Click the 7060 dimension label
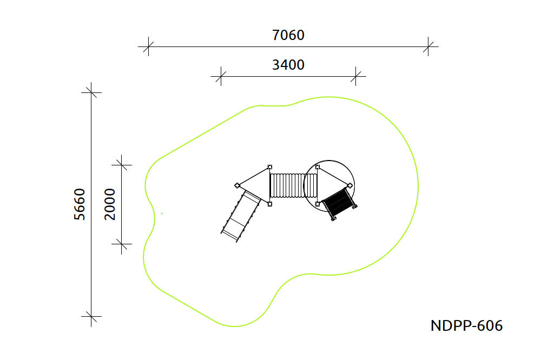pos(288,35)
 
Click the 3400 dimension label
pos(288,65)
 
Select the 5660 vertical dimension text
pos(80,204)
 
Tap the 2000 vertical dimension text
pos(110,204)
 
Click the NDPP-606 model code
pos(466,325)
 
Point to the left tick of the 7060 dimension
pos(148,46)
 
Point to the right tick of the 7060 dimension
pos(428,46)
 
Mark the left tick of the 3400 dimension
pos(221,77)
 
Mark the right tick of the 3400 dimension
pos(356,77)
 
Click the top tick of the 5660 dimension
pos(91,92)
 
